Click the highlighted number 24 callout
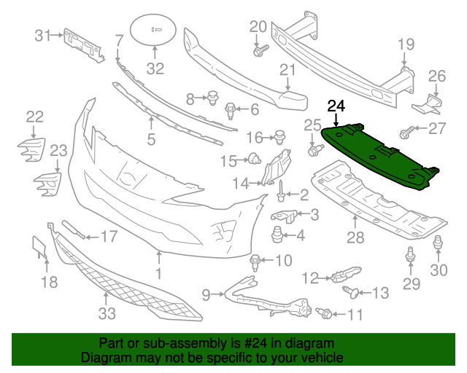336,106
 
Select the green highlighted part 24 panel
376,157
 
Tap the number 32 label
155,70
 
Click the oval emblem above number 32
155,30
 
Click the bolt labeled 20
260,50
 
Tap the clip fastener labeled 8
213,96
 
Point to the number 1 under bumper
158,274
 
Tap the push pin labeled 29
410,256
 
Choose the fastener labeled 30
438,246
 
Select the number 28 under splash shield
355,237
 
